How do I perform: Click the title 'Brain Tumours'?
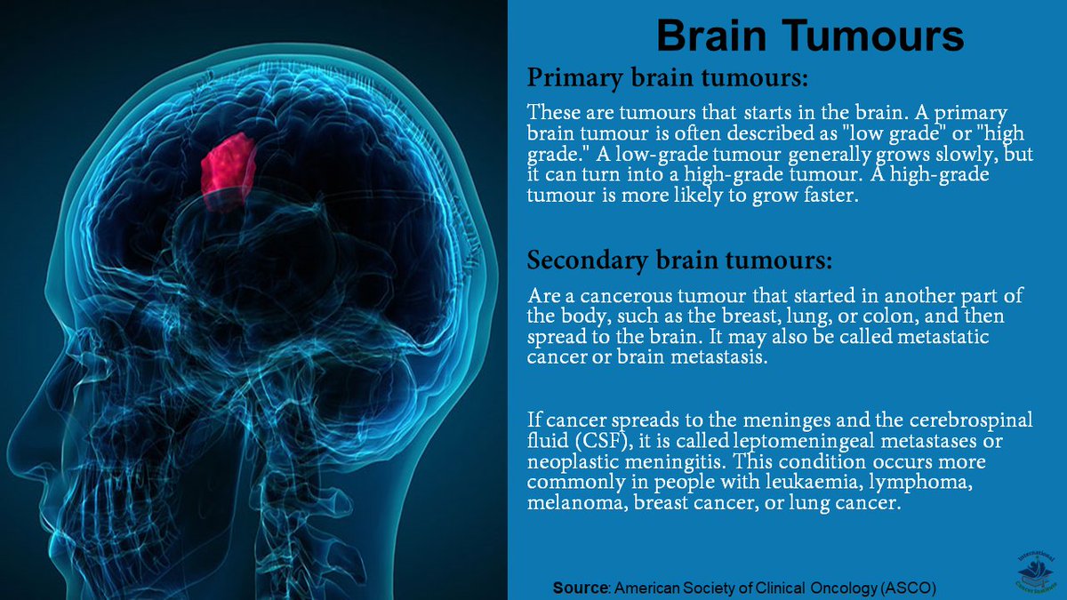[x=809, y=37]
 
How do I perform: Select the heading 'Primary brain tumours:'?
[x=668, y=78]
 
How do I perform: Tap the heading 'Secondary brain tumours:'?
[x=680, y=260]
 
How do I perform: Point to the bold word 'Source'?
[x=579, y=588]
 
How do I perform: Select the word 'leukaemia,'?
[x=753, y=483]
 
